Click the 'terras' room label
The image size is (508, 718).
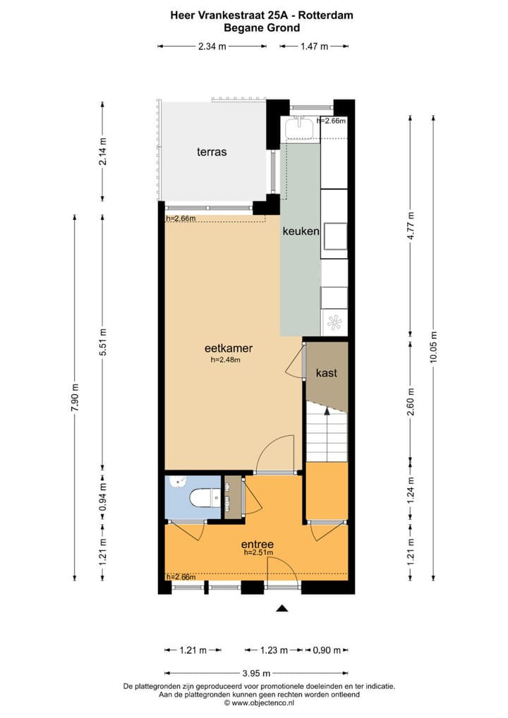point(212,152)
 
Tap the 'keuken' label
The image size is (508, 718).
point(301,231)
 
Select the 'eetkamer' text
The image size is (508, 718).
point(229,348)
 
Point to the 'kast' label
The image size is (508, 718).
point(326,373)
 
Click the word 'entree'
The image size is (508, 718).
point(257,544)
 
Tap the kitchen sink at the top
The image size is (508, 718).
point(301,127)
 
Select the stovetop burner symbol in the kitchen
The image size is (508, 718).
point(334,323)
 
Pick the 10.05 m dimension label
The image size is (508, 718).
point(433,347)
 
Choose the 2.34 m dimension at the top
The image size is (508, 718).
point(212,47)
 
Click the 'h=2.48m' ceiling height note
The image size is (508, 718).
point(226,360)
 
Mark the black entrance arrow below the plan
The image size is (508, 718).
point(282,608)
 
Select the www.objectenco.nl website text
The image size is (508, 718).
point(259,702)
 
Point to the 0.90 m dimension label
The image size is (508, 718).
point(327,650)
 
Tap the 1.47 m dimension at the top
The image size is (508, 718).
point(315,47)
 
